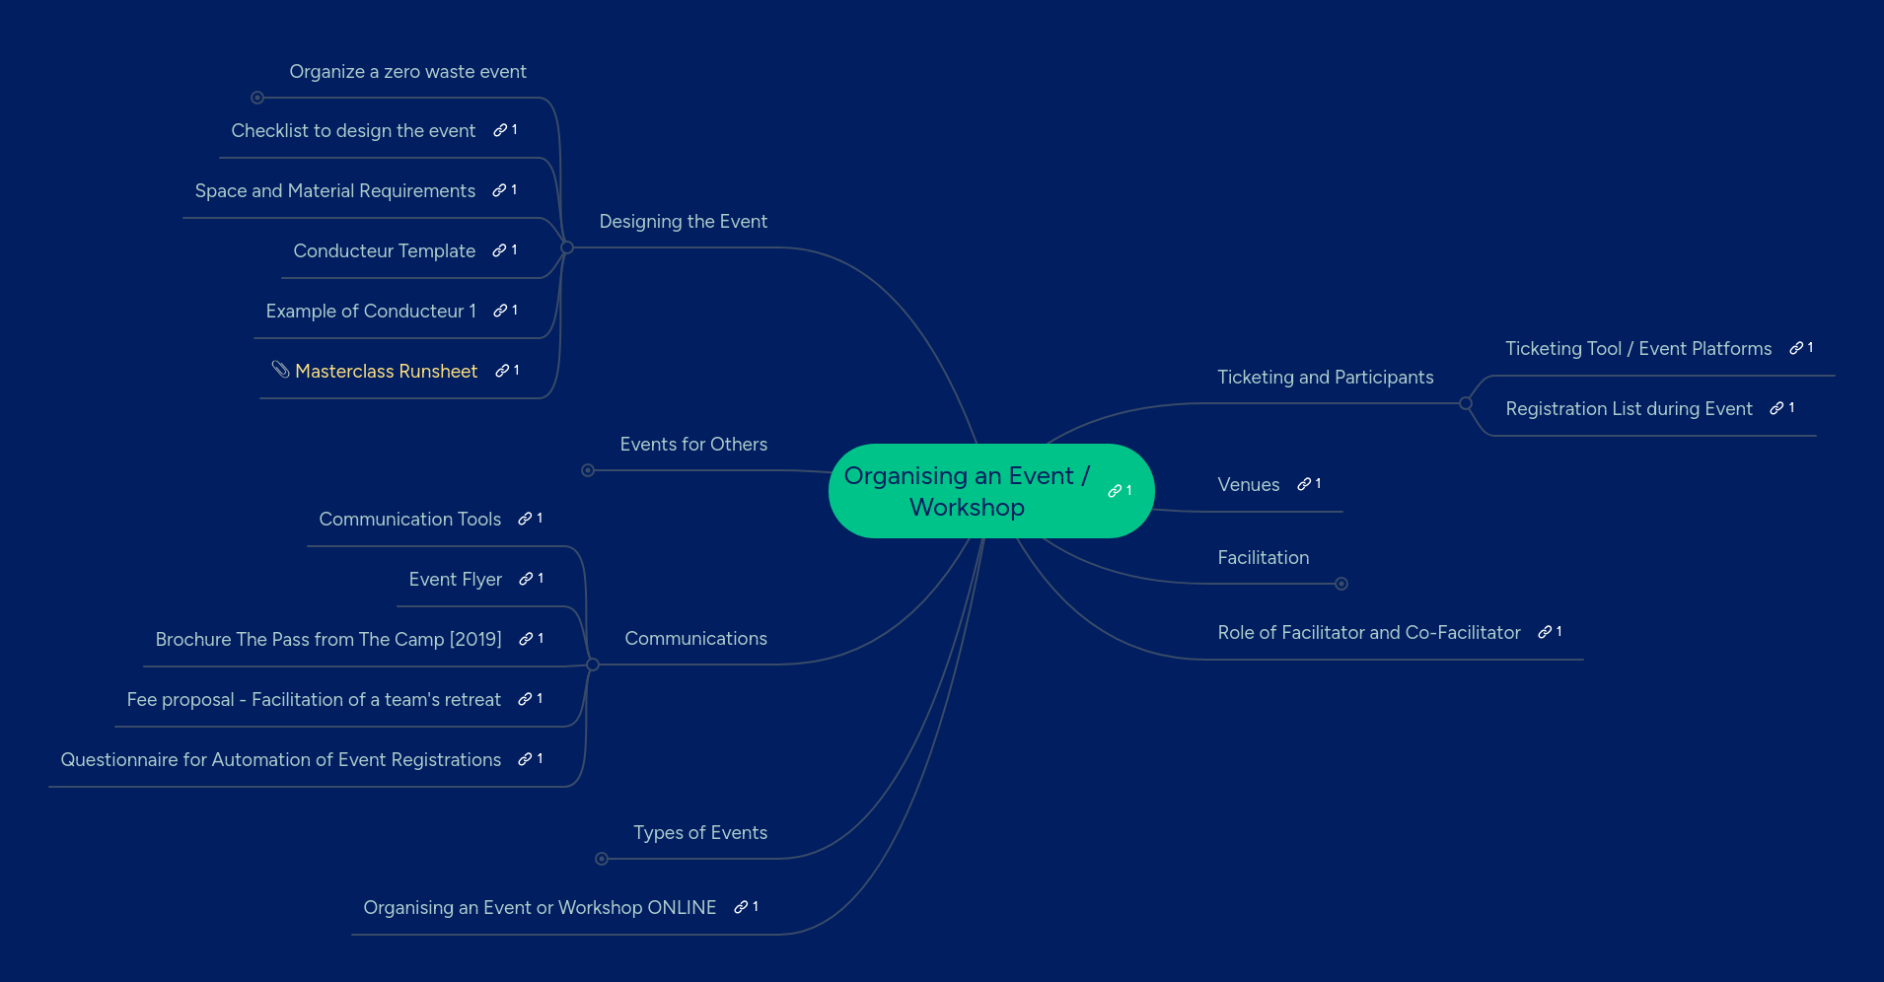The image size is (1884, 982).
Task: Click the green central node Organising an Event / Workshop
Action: point(967,491)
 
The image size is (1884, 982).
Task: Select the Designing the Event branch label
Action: point(683,222)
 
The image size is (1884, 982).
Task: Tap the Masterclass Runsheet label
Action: point(386,372)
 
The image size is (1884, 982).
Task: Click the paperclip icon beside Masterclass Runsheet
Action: point(280,370)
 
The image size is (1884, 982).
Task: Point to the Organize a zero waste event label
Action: point(407,72)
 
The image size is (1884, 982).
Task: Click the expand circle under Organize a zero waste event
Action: point(257,98)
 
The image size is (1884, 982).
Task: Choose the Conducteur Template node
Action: point(384,251)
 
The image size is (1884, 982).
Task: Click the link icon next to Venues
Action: point(1305,484)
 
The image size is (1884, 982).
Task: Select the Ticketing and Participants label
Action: point(1325,378)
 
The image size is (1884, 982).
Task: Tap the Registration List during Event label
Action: point(1629,409)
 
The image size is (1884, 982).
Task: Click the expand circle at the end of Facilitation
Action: point(1341,584)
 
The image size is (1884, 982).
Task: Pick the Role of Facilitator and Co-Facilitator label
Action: point(1368,633)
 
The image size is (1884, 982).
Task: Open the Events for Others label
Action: point(693,445)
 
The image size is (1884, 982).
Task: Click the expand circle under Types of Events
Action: point(602,859)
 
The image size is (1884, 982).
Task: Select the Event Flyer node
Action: point(455,580)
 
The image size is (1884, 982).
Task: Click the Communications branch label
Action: point(695,639)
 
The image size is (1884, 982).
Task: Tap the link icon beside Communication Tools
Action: point(526,519)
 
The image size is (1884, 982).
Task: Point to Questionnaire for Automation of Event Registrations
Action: point(280,760)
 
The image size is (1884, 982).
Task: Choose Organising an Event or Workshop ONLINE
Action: point(540,908)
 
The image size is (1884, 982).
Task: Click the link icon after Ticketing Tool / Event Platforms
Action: point(1796,348)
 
